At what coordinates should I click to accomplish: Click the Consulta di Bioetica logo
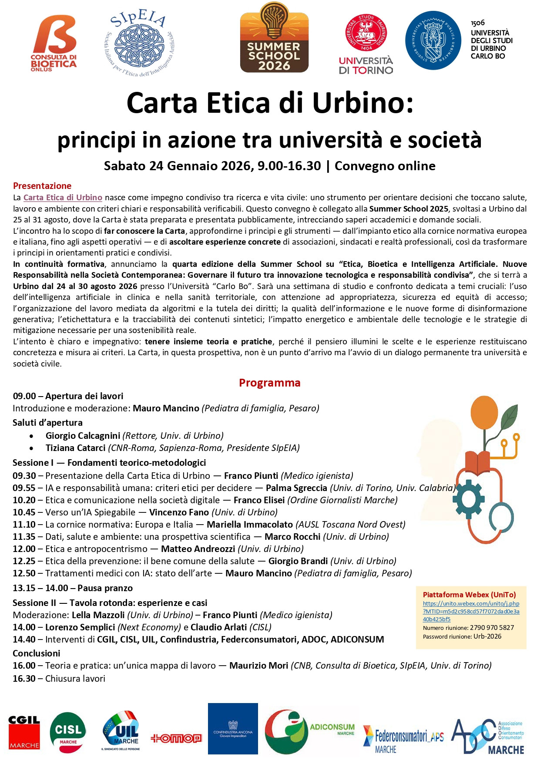click(54, 43)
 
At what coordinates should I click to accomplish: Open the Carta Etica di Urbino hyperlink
click(63, 198)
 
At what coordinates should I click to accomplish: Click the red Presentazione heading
click(42, 186)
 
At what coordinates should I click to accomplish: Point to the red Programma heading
click(269, 383)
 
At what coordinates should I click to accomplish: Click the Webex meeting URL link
click(471, 611)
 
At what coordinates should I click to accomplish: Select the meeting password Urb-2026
click(487, 636)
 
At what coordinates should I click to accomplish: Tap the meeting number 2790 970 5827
click(492, 628)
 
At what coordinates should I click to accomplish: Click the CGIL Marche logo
click(24, 732)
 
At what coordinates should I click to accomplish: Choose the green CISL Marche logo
click(68, 732)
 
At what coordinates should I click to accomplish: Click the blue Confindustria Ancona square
click(233, 729)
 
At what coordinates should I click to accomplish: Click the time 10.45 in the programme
click(24, 512)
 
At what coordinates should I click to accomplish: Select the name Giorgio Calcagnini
click(83, 436)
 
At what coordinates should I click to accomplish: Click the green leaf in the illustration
click(509, 418)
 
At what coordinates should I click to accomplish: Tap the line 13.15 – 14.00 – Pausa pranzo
click(73, 588)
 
